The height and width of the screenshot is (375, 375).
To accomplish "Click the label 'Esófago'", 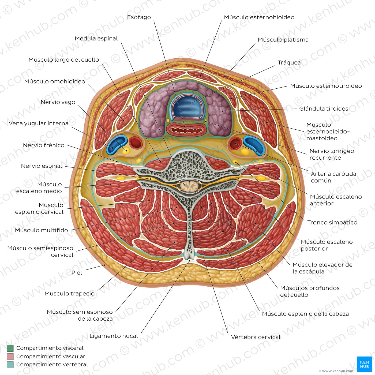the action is point(139,17).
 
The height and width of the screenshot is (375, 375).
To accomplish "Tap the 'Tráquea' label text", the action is point(289,62).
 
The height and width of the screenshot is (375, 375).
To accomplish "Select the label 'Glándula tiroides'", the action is point(324,108).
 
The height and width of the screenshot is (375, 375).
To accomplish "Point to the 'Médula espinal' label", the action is point(96,39).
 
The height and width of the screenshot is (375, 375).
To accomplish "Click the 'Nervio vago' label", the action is point(58,102).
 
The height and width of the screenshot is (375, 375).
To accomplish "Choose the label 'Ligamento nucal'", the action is point(114,336).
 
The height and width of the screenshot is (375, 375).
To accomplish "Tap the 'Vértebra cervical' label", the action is point(256,337).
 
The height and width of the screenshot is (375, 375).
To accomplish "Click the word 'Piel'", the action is point(77,273).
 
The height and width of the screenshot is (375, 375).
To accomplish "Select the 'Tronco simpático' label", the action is point(332,222).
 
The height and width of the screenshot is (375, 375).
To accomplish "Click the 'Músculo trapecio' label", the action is point(69,294).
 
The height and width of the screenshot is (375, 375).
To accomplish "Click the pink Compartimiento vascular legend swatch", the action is point(10,356).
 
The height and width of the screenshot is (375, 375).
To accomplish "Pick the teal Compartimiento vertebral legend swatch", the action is point(10,365).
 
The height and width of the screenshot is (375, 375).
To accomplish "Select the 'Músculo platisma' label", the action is point(283,40).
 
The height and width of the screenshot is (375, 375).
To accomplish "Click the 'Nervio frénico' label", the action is point(44,145).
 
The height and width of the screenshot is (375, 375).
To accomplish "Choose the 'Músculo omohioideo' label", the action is point(55,81).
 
